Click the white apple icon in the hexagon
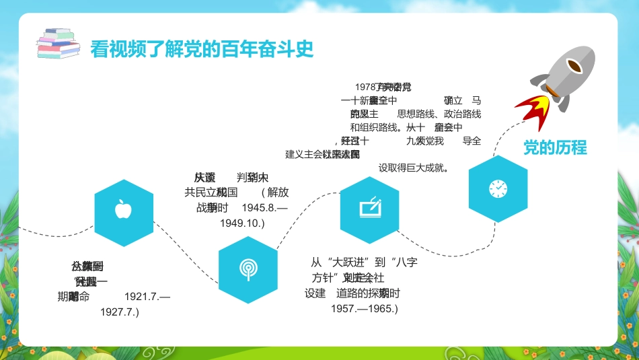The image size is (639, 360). tap(123, 209)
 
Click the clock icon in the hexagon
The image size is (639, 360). tap(498, 189)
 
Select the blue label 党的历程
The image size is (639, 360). tap(555, 149)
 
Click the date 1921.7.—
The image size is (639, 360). tap(147, 296)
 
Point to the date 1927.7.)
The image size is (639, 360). tap(119, 312)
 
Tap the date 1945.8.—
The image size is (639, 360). tap(264, 207)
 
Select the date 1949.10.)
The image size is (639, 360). tap(242, 223)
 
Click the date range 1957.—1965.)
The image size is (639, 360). tap(364, 309)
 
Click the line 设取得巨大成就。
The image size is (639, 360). tap(414, 168)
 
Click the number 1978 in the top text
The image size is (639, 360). tap(365, 87)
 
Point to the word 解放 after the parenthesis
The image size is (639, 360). tap(278, 192)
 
